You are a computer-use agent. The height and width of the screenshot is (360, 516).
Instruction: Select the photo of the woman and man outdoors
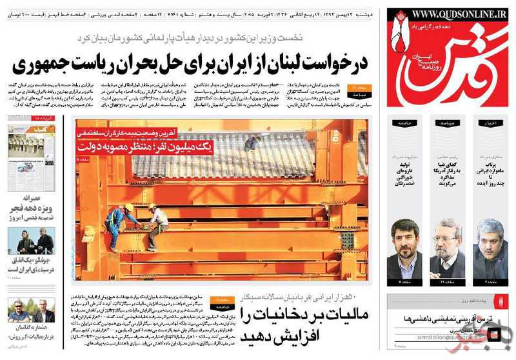click(31, 241)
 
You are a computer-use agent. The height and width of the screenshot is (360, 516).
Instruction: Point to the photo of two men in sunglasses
click(31, 311)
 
